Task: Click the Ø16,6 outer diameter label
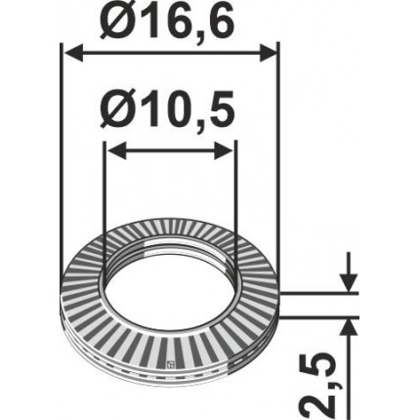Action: coord(169,21)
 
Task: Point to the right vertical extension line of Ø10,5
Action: coord(235,195)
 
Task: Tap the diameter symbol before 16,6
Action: coord(108,21)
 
